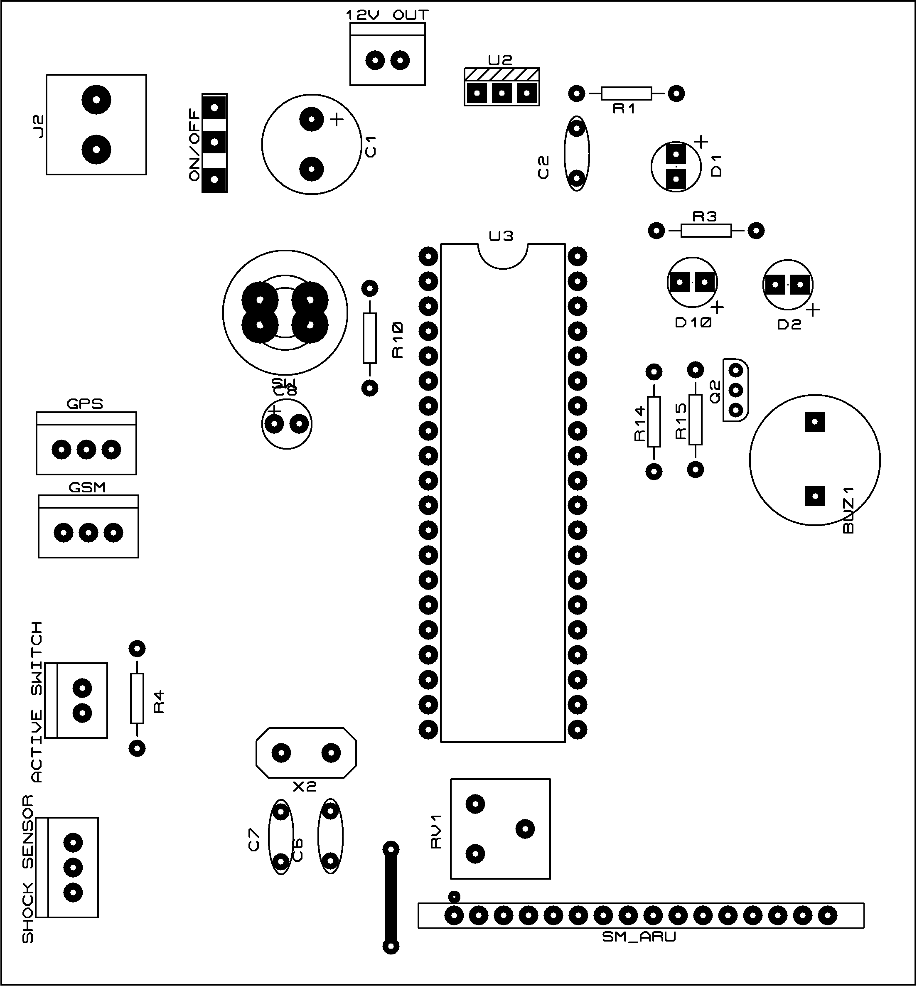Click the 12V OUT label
point(387,15)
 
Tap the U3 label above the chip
point(501,236)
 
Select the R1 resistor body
point(626,93)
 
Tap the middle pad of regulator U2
point(502,93)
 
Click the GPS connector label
point(85,404)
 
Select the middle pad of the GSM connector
point(88,533)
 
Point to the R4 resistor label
point(159,701)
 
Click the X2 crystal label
point(305,786)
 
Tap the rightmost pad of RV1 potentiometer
point(525,829)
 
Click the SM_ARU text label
point(639,937)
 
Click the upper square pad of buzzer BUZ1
point(814,423)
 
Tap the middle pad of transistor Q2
point(736,390)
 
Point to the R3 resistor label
point(704,217)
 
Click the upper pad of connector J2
point(96,100)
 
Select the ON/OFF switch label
point(194,146)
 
